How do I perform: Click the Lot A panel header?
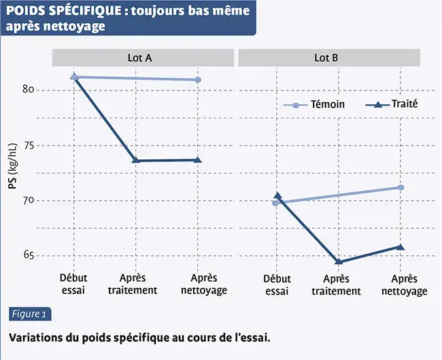[139, 58]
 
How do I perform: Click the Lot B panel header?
[326, 58]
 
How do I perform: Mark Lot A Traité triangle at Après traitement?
[136, 160]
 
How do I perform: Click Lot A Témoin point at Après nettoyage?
[198, 80]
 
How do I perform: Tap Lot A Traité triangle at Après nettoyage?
[198, 160]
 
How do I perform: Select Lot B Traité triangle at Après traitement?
[338, 262]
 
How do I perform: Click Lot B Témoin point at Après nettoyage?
[401, 187]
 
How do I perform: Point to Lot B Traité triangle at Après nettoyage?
[401, 247]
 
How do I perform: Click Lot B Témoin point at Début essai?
[275, 203]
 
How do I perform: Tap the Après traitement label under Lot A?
[138, 284]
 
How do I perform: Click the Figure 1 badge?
[29, 314]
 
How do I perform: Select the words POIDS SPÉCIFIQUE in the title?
[59, 12]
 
